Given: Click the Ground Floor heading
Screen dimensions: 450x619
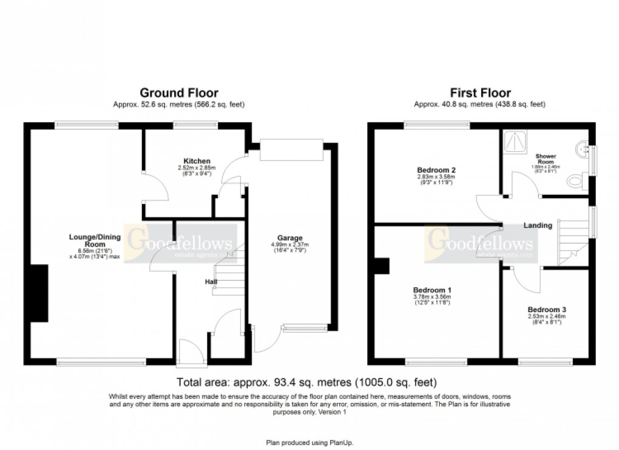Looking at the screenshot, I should tap(179, 93).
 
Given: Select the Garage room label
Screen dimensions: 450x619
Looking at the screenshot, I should tap(289, 237).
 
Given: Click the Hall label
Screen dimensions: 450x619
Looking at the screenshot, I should tap(209, 281).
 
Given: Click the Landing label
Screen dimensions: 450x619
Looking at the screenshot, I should tap(538, 225).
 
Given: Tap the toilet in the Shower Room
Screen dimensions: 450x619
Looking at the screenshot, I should tap(577, 180).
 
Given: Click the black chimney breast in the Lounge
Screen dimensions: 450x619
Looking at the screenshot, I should tap(39, 293).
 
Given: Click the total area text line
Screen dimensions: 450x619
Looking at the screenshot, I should tap(306, 383).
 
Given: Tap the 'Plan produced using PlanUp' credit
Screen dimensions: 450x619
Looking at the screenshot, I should tap(309, 443).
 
